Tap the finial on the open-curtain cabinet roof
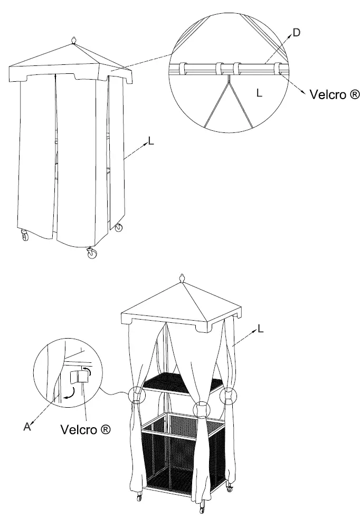coord(183,278)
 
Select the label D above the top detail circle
coord(296,33)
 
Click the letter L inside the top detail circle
coord(258,92)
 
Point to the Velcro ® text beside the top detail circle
coord(335,94)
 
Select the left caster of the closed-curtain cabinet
coord(25,236)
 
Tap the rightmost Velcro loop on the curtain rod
coord(277,69)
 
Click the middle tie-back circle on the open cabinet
coord(202,409)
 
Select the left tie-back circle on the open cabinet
coord(137,395)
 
